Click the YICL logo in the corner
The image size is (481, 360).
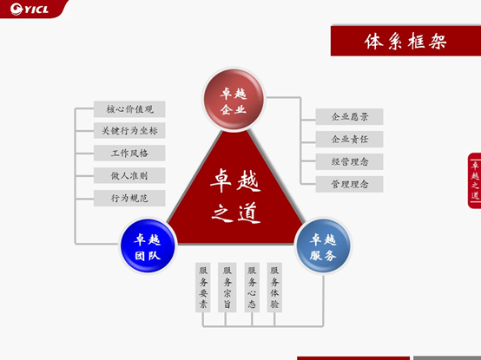(x=30, y=9)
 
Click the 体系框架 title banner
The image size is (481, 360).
(x=405, y=41)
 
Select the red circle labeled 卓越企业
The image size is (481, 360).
(x=234, y=100)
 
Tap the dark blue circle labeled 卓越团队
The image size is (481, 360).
(x=148, y=245)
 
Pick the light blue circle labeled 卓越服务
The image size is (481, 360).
(x=323, y=245)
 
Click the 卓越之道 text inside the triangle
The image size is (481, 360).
(x=235, y=196)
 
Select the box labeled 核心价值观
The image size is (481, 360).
(x=129, y=109)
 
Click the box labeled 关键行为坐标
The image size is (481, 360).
(x=129, y=130)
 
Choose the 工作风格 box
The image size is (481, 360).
(x=129, y=153)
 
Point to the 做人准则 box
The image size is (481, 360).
(x=129, y=175)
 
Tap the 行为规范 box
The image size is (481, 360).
(x=129, y=198)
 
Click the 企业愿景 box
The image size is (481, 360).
(x=349, y=117)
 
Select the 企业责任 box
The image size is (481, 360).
(x=349, y=140)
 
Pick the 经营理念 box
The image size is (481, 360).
(x=349, y=161)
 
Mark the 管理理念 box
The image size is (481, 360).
(x=349, y=184)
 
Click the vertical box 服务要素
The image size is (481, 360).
(x=203, y=287)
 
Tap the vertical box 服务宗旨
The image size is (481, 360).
(x=227, y=287)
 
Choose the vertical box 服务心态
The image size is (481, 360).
(x=252, y=287)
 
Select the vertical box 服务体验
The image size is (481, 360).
(x=274, y=287)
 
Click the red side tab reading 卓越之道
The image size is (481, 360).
(x=475, y=180)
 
